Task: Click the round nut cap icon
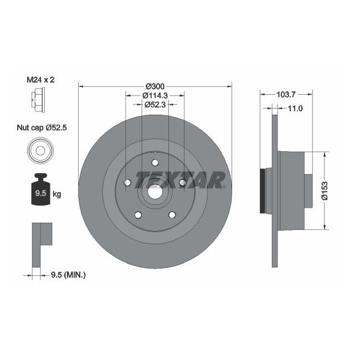point(39,150)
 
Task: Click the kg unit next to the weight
point(56,194)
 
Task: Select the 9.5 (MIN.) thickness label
point(67,274)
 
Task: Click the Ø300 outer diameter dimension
point(156,86)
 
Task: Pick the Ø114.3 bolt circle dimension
point(156,95)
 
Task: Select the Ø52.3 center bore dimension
point(156,104)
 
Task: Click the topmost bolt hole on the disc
point(155,163)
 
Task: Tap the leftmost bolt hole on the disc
point(127,183)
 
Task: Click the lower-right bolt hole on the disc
point(172,215)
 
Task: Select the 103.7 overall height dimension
point(286,95)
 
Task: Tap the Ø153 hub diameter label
point(331,190)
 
